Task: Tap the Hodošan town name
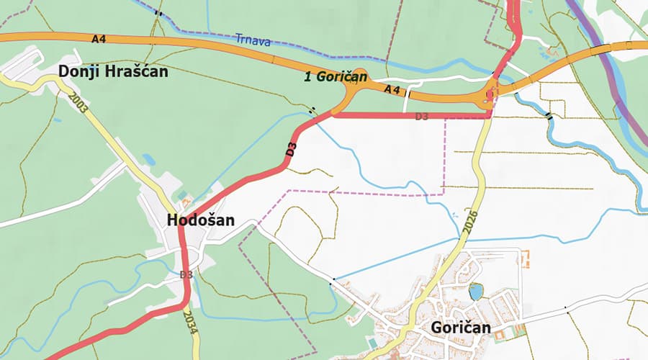[201, 220]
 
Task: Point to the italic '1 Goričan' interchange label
[336, 76]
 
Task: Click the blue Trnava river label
[253, 42]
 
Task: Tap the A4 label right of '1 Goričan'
[392, 89]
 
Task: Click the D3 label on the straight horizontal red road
[423, 116]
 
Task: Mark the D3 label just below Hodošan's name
[186, 274]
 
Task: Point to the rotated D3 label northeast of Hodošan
[292, 150]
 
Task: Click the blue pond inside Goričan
[475, 291]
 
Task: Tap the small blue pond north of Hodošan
[148, 159]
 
